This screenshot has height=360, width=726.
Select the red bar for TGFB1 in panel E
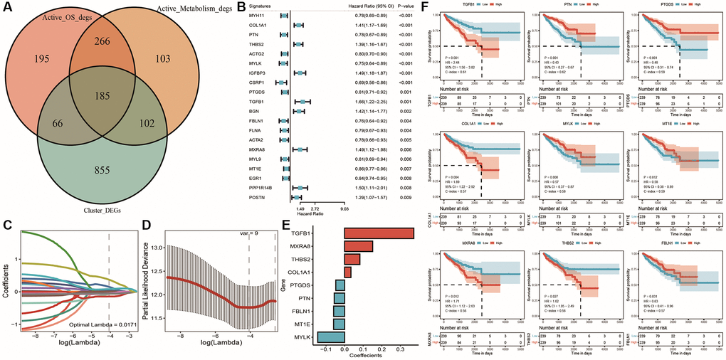379,233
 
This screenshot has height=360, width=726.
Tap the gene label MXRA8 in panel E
327,246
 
